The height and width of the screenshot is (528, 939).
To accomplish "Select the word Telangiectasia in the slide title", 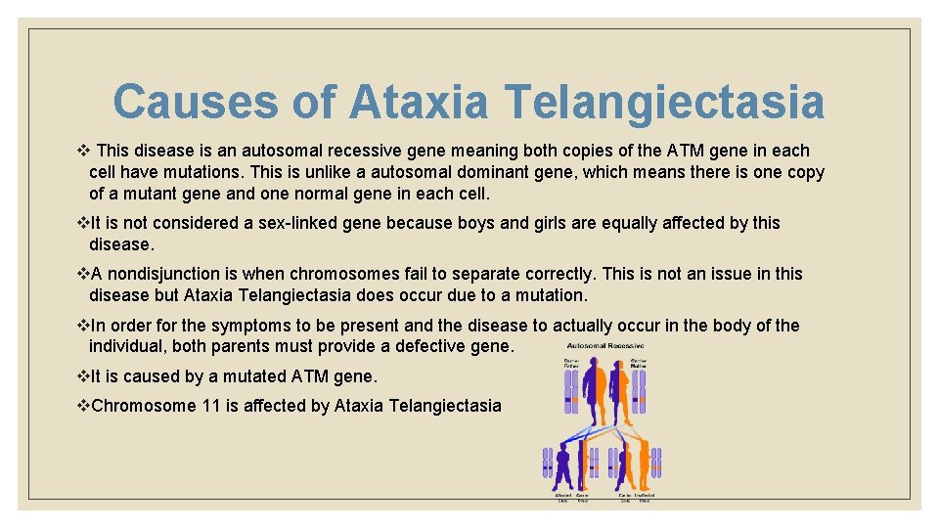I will [x=664, y=102].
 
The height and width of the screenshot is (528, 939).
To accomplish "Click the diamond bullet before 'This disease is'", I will [x=82, y=151].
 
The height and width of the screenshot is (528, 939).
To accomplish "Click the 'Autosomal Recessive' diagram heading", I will [x=605, y=346].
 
